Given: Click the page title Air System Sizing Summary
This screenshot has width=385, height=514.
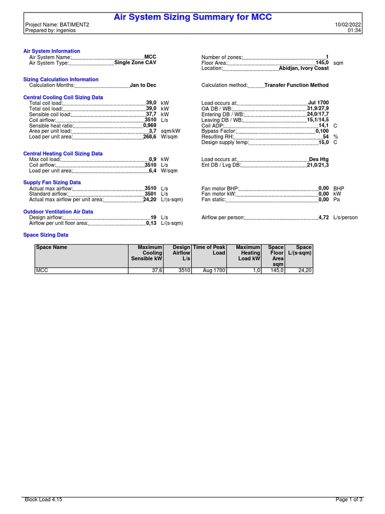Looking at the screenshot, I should click(x=193, y=17).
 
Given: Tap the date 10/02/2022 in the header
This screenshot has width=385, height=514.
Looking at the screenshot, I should click(x=348, y=25).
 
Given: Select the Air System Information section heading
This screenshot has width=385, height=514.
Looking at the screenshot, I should click(x=52, y=51).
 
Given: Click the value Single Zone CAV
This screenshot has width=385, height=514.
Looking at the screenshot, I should click(x=135, y=63).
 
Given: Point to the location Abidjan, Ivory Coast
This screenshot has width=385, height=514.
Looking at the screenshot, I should click(x=304, y=68).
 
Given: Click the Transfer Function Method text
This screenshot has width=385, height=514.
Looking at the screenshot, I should click(x=296, y=85).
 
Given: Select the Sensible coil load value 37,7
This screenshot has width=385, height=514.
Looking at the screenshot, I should click(x=151, y=114).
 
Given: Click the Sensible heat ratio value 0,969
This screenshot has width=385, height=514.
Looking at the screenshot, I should click(x=150, y=125).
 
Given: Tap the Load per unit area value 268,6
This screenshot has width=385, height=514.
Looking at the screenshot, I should click(x=150, y=137).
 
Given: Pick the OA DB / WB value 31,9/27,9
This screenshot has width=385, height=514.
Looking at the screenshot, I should click(x=318, y=108).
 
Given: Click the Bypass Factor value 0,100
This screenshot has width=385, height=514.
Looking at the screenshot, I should click(x=322, y=131).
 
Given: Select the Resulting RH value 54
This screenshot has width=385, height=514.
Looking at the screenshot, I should click(x=325, y=137).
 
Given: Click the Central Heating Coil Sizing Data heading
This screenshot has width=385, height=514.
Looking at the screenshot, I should click(x=63, y=154).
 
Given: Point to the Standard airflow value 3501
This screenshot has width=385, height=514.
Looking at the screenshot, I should click(x=150, y=194).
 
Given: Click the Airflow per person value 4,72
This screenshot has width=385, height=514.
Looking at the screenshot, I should click(x=323, y=217).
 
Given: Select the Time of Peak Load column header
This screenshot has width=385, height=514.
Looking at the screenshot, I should click(x=210, y=250).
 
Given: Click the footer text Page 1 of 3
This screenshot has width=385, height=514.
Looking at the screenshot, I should click(x=349, y=500).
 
